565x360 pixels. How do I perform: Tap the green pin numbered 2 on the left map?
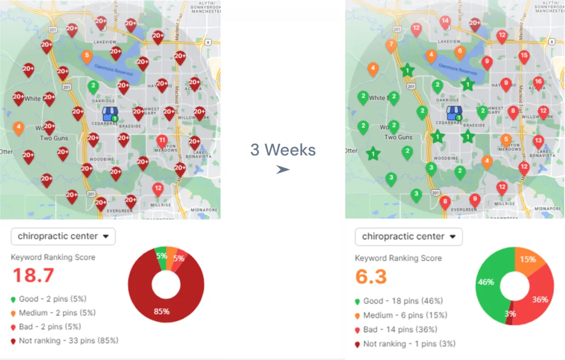click(93, 86)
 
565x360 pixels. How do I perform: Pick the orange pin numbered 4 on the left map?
click(18, 127)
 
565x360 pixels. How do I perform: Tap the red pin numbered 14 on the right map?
click(445, 21)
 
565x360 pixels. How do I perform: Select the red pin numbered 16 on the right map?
click(538, 82)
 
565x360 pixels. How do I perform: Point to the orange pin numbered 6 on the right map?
click(460, 51)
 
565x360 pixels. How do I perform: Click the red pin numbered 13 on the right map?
click(538, 140)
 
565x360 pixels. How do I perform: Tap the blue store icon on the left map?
click(110, 113)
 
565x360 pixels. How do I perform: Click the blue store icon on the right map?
click(454, 113)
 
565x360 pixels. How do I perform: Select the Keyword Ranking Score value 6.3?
click(371, 277)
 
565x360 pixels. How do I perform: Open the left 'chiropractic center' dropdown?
click(63, 236)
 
